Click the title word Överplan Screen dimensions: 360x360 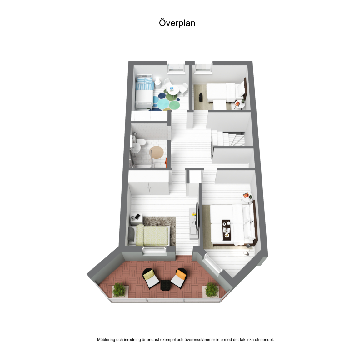177,23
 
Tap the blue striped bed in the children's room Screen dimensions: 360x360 144,92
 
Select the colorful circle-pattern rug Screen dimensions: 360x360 166,101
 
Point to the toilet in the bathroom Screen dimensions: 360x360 140,142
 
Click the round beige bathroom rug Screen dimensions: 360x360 156,152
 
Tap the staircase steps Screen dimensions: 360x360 228,138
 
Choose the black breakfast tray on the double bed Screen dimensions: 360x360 226,230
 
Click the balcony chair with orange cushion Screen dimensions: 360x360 179,278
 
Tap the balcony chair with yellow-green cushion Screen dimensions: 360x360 151,278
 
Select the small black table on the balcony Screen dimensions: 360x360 165,285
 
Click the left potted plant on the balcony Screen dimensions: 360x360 119,290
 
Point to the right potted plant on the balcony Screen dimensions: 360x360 211,290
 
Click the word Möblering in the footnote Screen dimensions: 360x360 106,340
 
